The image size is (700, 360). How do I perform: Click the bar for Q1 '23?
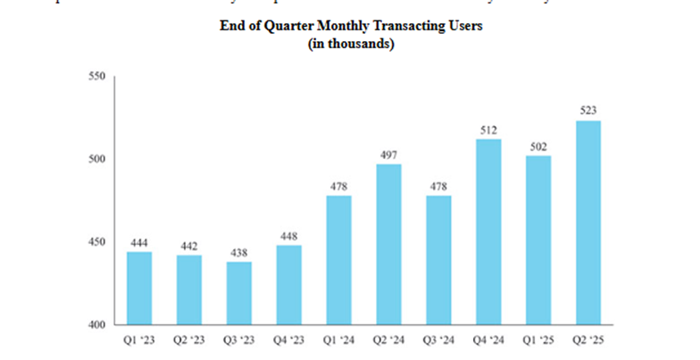(139, 288)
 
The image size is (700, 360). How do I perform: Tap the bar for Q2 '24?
(388, 244)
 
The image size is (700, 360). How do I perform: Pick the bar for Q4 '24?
(487, 231)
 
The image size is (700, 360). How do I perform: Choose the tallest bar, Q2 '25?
(587, 222)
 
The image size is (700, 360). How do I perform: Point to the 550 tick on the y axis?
(96, 77)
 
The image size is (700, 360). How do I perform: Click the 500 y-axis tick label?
(96, 159)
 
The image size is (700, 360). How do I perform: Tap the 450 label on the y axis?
(96, 242)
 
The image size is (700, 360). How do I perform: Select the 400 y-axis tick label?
(96, 324)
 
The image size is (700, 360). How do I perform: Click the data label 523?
(587, 111)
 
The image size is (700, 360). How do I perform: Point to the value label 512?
(487, 130)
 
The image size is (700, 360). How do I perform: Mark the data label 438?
(238, 252)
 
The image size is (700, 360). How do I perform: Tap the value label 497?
(388, 155)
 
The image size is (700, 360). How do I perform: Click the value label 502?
(537, 147)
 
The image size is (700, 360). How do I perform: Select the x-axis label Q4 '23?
(288, 340)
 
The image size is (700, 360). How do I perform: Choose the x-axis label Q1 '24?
(338, 340)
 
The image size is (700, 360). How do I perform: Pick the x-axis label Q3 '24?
(438, 340)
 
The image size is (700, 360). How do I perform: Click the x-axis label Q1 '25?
(537, 340)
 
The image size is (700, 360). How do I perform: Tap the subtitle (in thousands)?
(351, 44)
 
